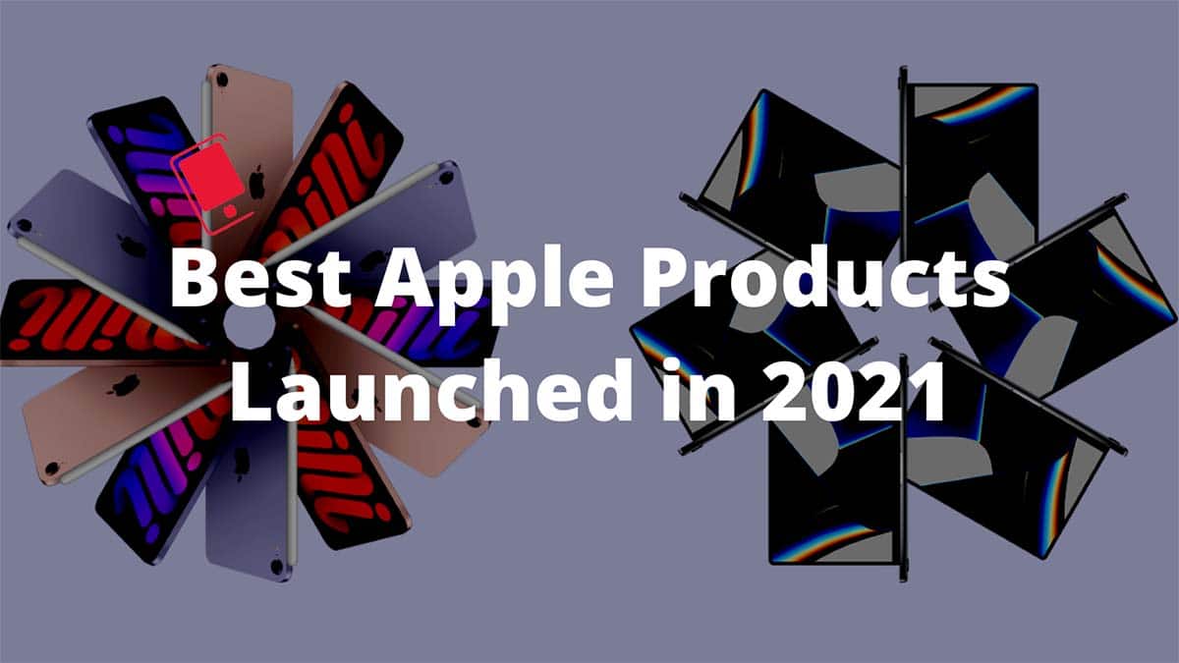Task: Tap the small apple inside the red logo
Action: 230,211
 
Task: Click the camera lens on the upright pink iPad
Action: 222,80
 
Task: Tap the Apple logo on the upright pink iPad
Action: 256,182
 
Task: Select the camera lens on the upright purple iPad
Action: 277,566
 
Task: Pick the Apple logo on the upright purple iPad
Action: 242,464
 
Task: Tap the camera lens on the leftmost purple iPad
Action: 24,226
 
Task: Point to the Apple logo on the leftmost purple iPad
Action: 132,247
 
